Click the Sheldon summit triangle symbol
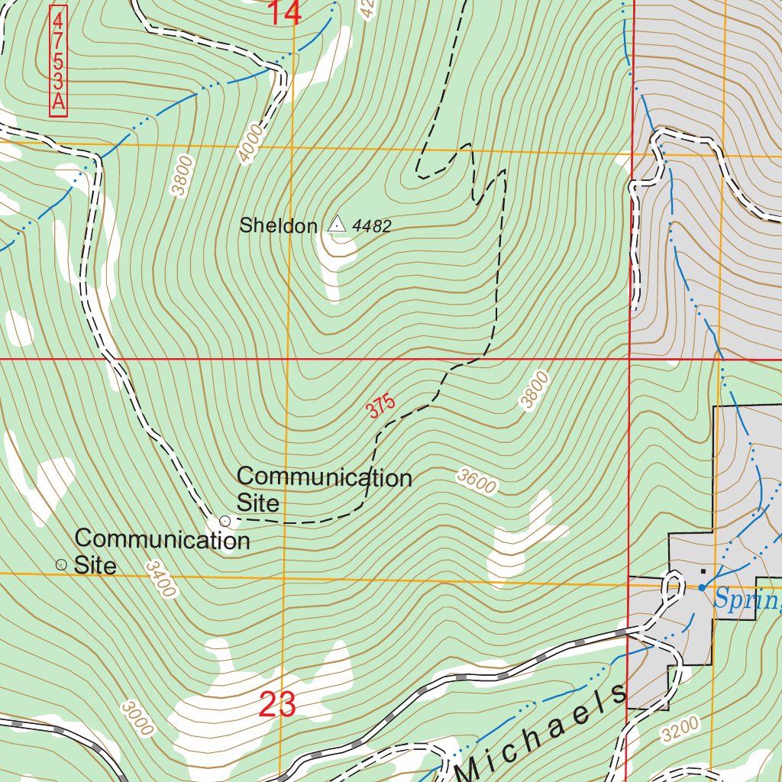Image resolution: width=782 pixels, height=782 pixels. [x=337, y=225]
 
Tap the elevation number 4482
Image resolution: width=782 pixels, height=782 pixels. [x=373, y=226]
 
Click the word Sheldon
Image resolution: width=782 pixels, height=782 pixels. [x=277, y=226]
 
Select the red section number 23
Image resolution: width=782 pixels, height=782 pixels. [x=277, y=704]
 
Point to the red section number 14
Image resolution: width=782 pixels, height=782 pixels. [x=284, y=13]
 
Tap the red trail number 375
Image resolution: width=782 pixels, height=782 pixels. [x=380, y=406]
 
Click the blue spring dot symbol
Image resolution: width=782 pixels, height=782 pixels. [x=702, y=587]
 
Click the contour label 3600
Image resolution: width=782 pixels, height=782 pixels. [x=477, y=482]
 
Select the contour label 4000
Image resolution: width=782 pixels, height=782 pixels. [x=250, y=144]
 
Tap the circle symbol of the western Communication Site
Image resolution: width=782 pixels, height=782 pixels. [x=61, y=564]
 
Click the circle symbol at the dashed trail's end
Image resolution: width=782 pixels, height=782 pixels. [x=225, y=521]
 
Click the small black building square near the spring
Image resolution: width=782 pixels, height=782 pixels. [x=703, y=570]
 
